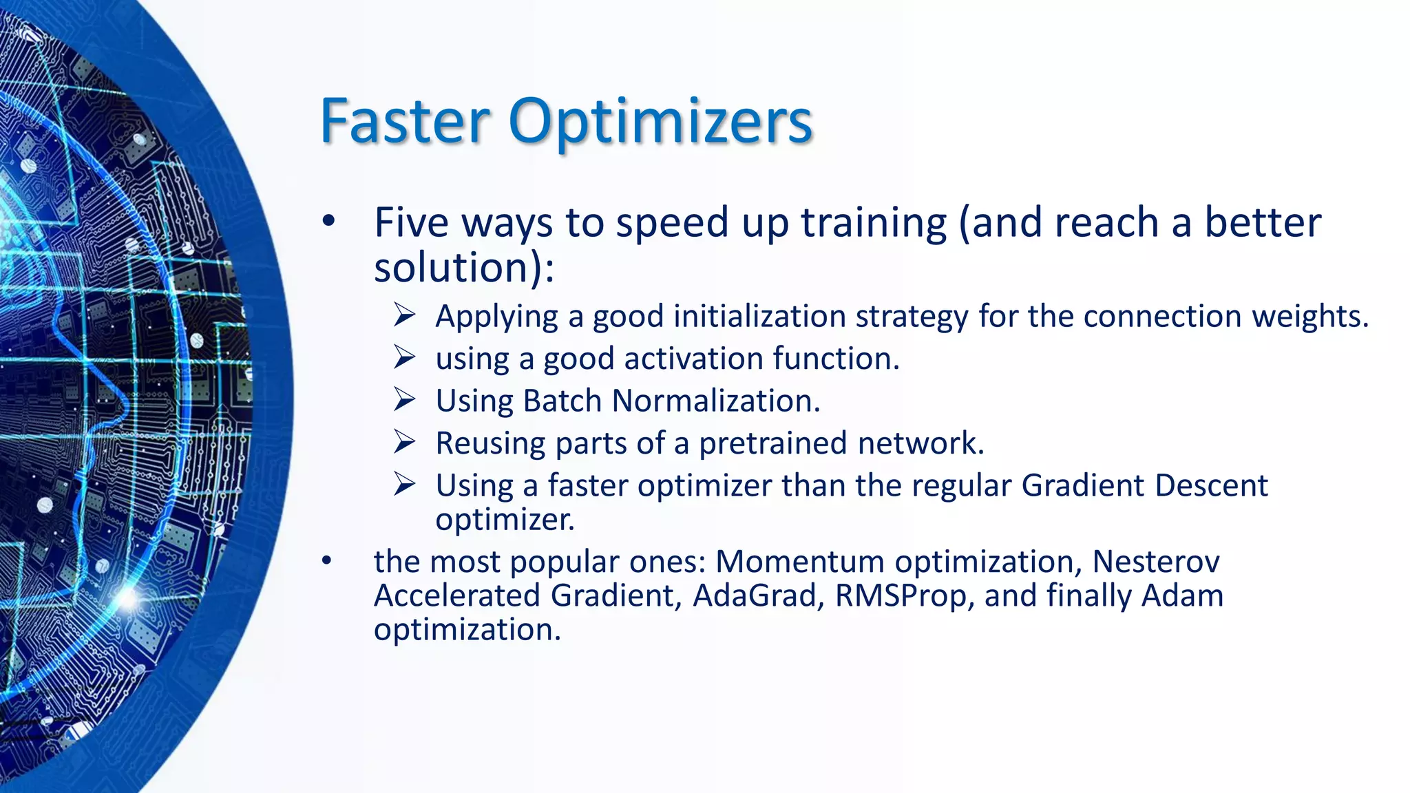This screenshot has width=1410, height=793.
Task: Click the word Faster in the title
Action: (x=405, y=121)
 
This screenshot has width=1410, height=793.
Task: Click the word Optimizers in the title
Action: (x=660, y=123)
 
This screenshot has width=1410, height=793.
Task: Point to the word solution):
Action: (x=463, y=267)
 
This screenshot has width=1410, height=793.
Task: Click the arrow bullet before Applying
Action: (x=405, y=315)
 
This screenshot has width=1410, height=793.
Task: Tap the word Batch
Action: (x=562, y=401)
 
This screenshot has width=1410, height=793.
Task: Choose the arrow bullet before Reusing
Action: (x=405, y=442)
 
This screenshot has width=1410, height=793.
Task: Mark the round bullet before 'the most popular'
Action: (x=327, y=560)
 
